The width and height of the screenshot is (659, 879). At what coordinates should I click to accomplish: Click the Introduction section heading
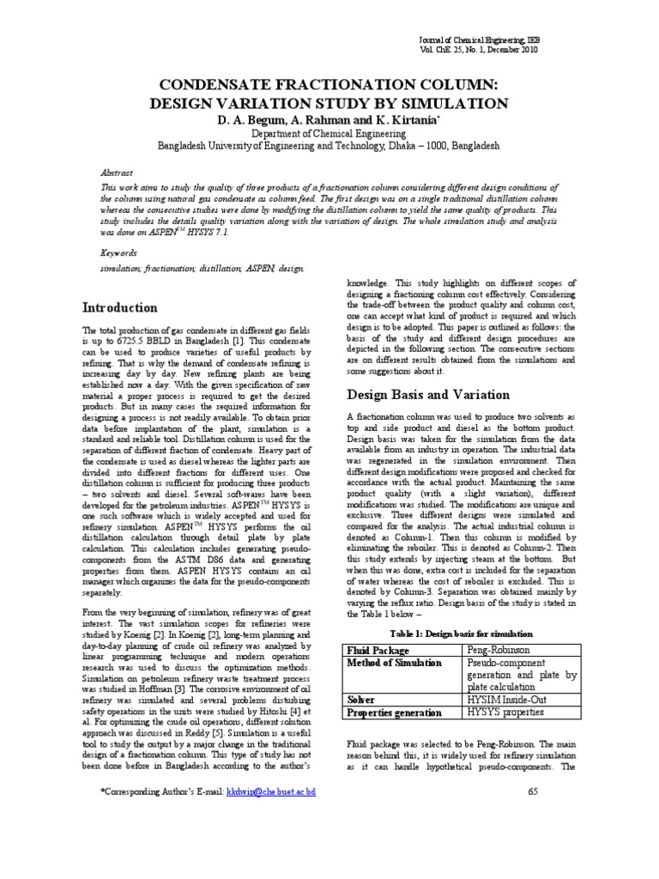[x=119, y=307]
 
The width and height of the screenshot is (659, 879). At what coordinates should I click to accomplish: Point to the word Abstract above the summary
[x=118, y=171]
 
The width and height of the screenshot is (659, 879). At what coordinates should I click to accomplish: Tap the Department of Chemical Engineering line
[x=329, y=134]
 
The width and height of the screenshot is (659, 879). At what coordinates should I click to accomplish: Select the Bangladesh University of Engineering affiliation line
[x=329, y=147]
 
